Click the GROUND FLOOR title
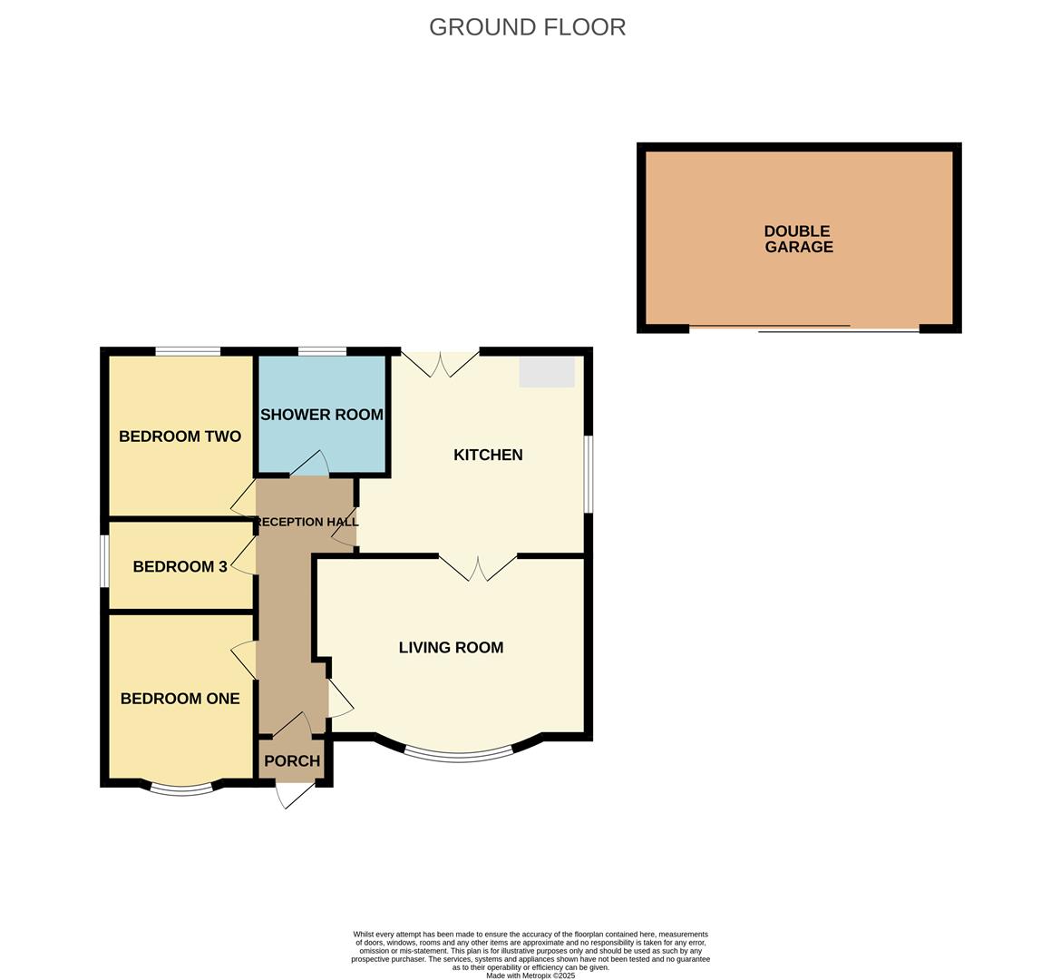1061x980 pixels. point(527,27)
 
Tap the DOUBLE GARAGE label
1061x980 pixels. point(798,239)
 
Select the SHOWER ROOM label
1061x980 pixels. point(322,415)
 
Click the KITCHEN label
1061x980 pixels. point(488,455)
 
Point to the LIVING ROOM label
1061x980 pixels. point(451,647)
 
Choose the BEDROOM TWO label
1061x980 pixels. point(180,436)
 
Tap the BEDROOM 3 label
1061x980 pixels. point(180,567)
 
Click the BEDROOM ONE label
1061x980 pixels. point(180,698)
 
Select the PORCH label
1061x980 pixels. point(292,760)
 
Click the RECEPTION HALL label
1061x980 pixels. point(303,522)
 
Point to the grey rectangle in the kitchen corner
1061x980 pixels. point(547,371)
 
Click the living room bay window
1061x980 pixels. point(458,754)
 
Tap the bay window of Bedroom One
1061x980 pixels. point(181,789)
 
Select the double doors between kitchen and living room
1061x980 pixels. point(478,567)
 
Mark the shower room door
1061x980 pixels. point(309,464)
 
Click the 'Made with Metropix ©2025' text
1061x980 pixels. point(530,975)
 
